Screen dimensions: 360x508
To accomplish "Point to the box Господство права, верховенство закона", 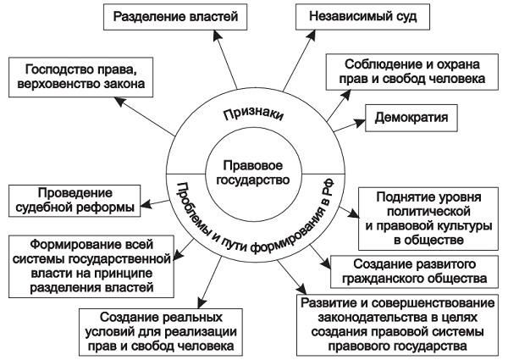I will pos(79,77).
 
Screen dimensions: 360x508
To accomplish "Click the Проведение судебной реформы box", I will pos(75,199).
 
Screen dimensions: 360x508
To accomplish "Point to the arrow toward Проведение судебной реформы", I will pos(150,200).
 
